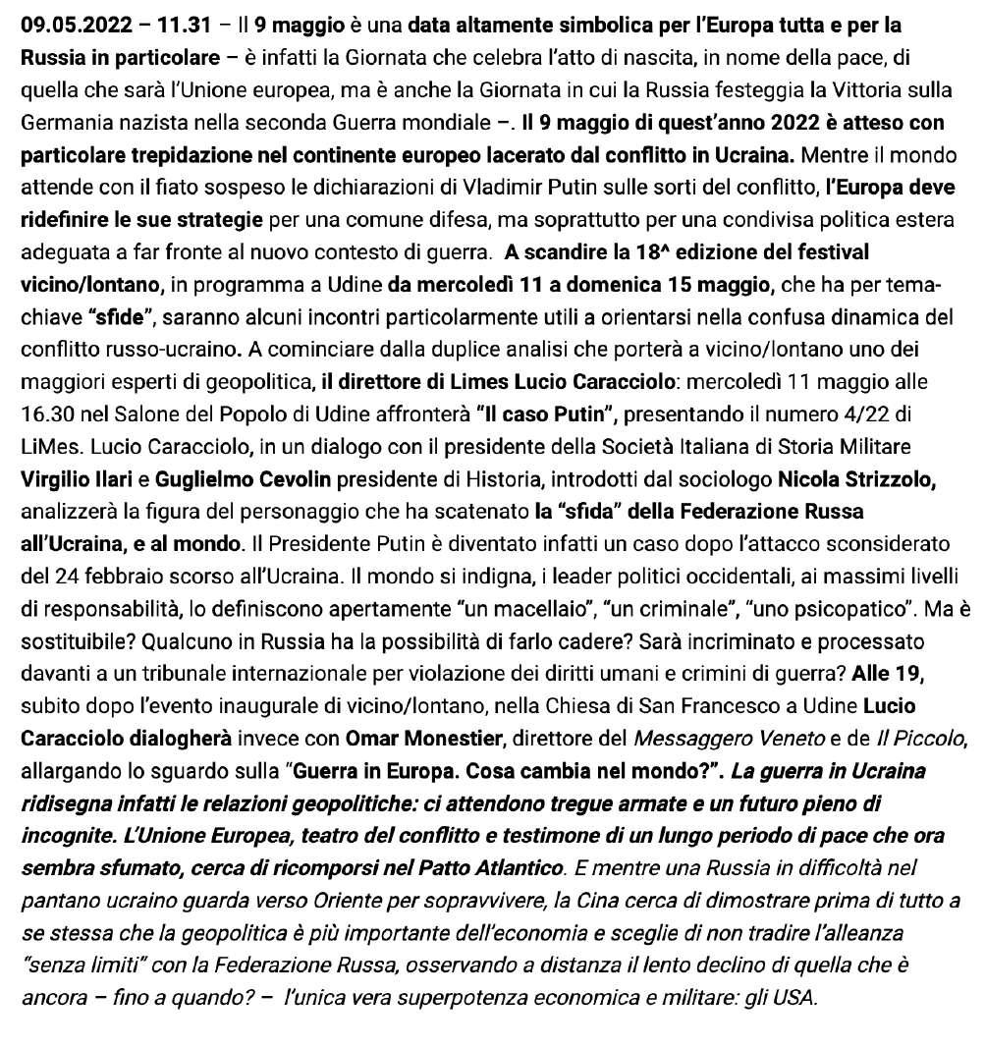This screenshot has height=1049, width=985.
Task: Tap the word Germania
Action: (x=62, y=125)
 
